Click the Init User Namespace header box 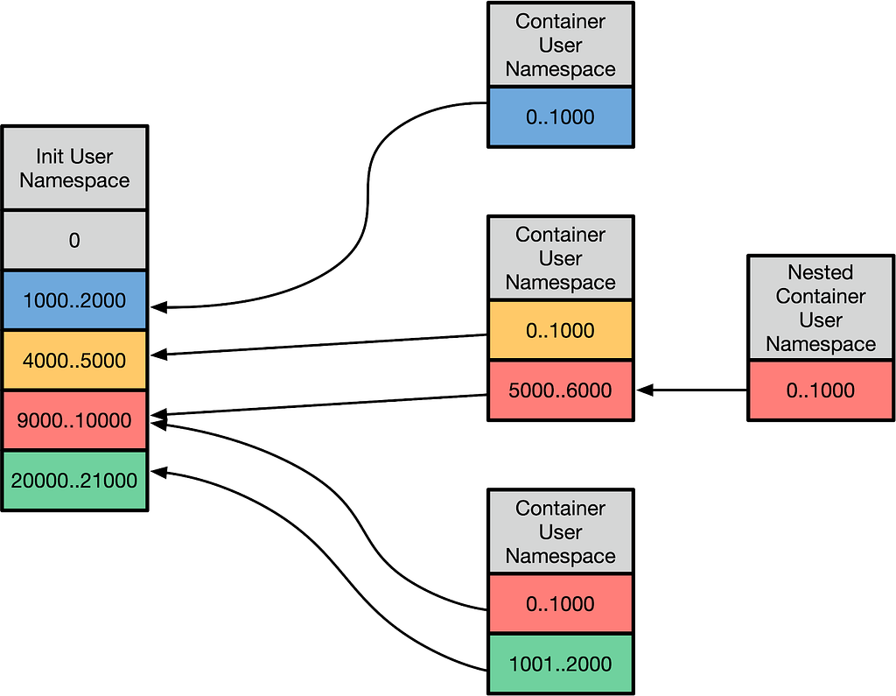[x=75, y=167]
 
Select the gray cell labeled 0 [x=75, y=240]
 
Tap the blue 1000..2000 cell [x=75, y=300]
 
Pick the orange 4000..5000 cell [x=75, y=361]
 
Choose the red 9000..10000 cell [x=75, y=420]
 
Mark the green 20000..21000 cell [x=75, y=481]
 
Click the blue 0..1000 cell [x=561, y=117]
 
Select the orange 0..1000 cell [x=561, y=330]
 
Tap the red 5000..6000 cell [x=561, y=390]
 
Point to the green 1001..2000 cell [x=561, y=664]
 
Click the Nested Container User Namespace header [x=821, y=307]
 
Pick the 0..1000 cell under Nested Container [x=821, y=390]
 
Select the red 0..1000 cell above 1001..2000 [x=561, y=604]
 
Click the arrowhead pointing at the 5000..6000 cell [x=644, y=390]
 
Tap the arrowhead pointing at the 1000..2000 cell [x=158, y=307]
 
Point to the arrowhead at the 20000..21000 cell [x=158, y=473]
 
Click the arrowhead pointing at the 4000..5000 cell [x=158, y=355]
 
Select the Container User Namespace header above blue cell [x=561, y=46]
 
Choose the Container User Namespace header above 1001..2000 [x=561, y=532]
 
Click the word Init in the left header [x=50, y=156]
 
